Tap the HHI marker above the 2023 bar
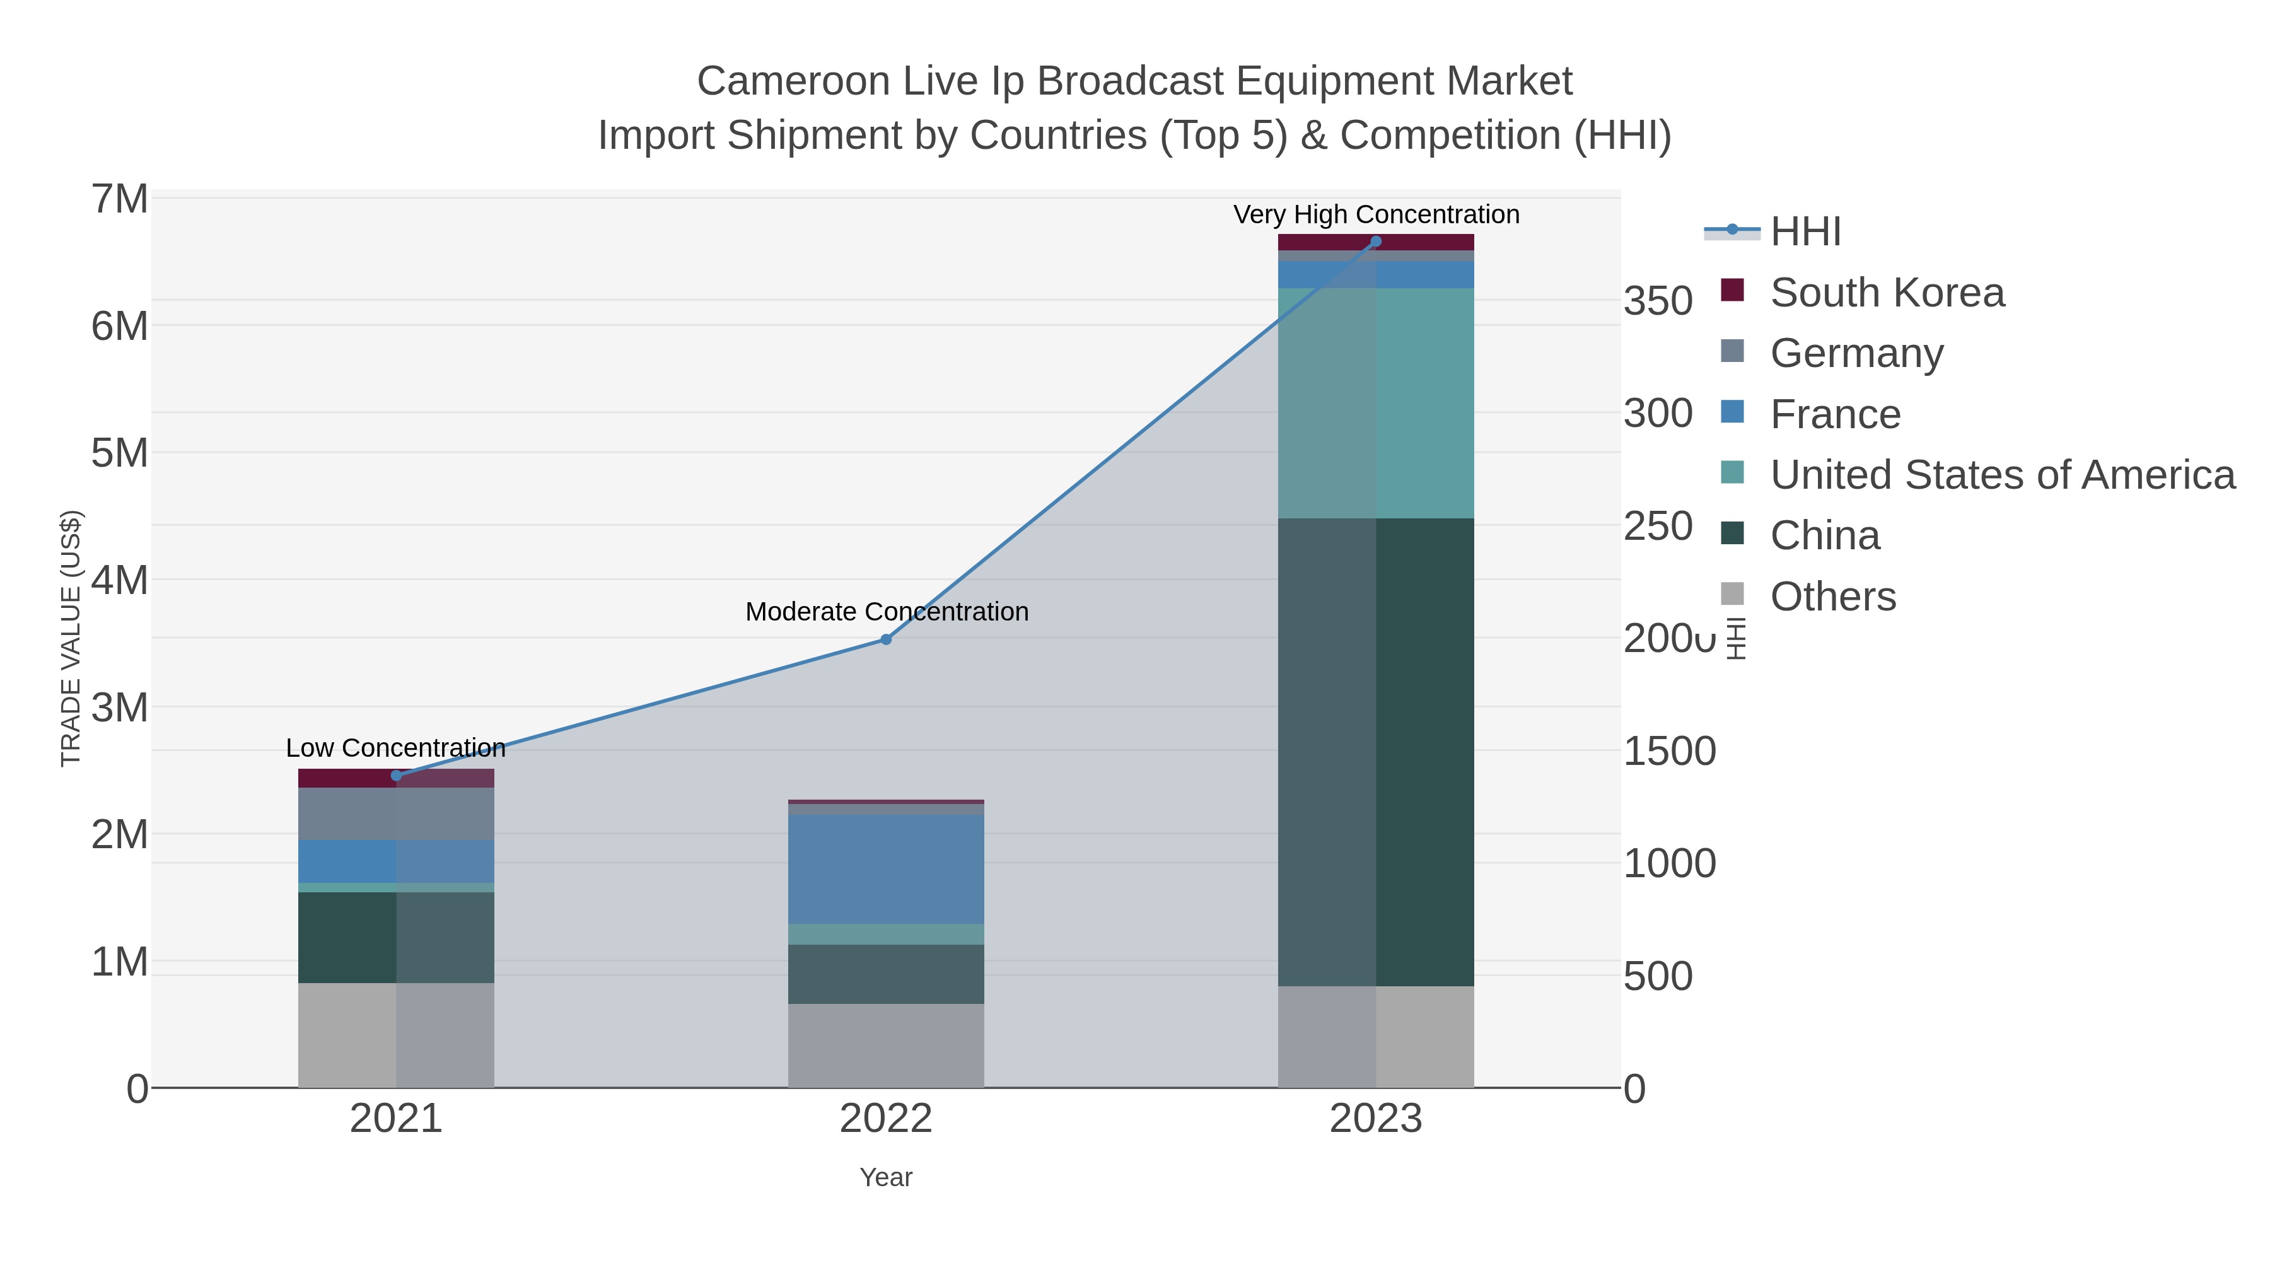(x=1376, y=242)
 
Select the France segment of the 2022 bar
(x=886, y=869)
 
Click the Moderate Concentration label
(x=887, y=612)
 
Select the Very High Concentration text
(x=1376, y=215)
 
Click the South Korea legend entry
(x=1886, y=293)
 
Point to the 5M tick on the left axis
(x=120, y=453)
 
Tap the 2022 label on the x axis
(x=886, y=1119)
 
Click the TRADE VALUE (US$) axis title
(x=71, y=638)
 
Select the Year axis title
(x=886, y=1177)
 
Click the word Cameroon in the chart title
(x=793, y=82)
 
